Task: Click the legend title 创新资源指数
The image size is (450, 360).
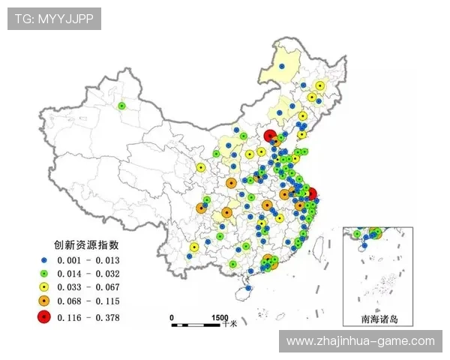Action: [x=87, y=244]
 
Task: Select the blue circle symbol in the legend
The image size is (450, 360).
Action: [x=43, y=259]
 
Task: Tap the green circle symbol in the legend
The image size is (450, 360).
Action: [x=43, y=273]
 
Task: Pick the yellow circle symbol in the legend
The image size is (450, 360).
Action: [x=43, y=287]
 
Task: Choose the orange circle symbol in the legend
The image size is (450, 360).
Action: [x=43, y=301]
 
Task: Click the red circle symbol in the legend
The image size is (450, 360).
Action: [x=43, y=317]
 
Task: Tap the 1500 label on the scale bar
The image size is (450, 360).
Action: [x=219, y=316]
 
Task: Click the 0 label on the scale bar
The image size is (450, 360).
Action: [x=172, y=316]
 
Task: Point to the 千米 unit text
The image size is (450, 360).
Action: [x=229, y=324]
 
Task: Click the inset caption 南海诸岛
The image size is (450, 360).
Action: [x=379, y=319]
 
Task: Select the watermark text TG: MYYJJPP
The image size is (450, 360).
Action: [x=54, y=19]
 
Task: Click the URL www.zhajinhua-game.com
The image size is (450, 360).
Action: [x=361, y=341]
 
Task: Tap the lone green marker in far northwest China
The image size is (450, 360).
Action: [x=121, y=106]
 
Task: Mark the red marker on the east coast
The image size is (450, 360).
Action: [x=312, y=193]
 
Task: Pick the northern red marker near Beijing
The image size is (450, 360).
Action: [x=270, y=136]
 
